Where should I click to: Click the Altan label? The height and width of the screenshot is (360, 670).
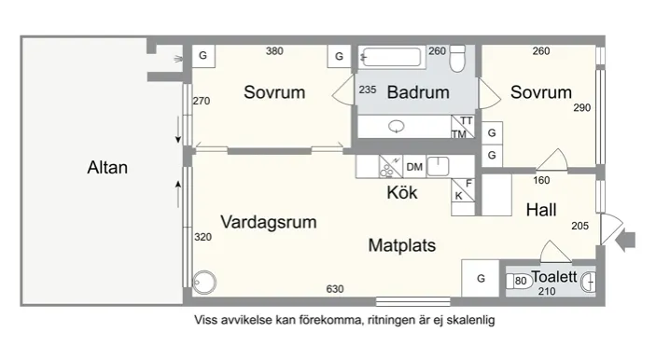point(106,169)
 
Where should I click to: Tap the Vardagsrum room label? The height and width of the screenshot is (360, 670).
point(269,222)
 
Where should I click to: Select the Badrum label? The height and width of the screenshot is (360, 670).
point(417,92)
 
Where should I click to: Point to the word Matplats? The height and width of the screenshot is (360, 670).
point(402,246)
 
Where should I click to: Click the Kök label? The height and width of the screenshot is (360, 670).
point(402,194)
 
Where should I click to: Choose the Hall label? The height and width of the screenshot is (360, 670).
point(541,210)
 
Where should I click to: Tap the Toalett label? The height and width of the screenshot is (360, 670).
point(554,276)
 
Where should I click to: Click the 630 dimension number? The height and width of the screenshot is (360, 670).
point(334,289)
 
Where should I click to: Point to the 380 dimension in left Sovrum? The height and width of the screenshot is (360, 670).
point(274,51)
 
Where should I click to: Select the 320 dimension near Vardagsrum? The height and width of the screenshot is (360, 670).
point(203,238)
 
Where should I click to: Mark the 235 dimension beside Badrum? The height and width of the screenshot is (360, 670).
point(367,90)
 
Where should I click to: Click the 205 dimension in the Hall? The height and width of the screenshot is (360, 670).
point(578,227)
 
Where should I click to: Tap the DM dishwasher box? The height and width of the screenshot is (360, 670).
point(414,167)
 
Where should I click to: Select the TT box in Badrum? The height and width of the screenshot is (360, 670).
point(467,121)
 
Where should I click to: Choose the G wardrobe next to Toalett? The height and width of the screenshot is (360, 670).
point(481,278)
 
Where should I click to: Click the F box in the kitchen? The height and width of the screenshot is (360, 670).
point(469,183)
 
